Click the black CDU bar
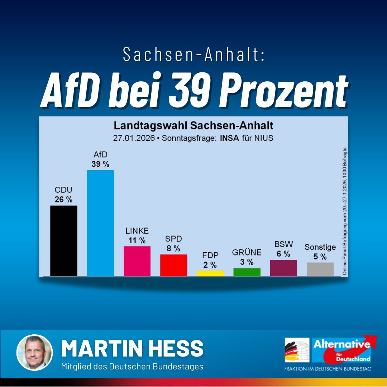64,240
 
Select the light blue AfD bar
100,223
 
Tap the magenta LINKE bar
137,261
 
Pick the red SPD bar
173,265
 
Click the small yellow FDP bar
210,273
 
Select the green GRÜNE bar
247,272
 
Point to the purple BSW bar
283,268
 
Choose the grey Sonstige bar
320,269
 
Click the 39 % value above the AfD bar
100,164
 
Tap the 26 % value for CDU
63,200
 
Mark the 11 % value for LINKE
137,240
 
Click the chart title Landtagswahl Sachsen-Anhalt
193,126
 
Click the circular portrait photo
35,352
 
